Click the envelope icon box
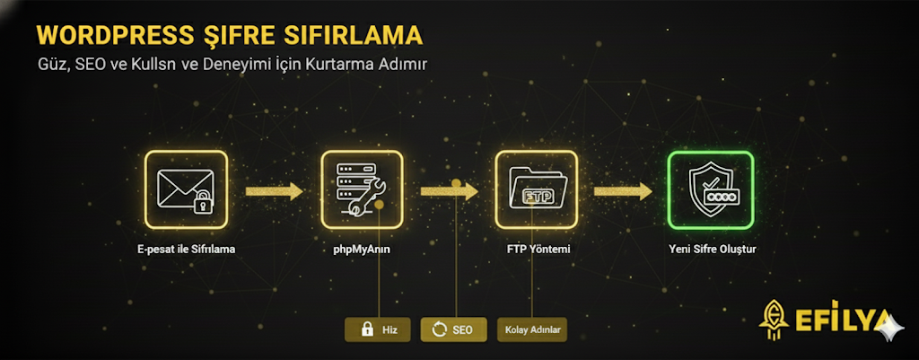[x=186, y=189]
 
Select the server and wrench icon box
[x=362, y=189]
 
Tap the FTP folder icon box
[x=536, y=189]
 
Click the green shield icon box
[x=710, y=189]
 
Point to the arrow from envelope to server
[x=274, y=190]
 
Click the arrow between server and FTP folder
[x=449, y=190]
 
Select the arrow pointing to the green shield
[x=622, y=190]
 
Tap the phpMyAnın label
[x=361, y=249]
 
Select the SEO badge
[x=453, y=329]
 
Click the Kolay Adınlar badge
[x=531, y=329]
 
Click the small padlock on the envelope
[x=203, y=202]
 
